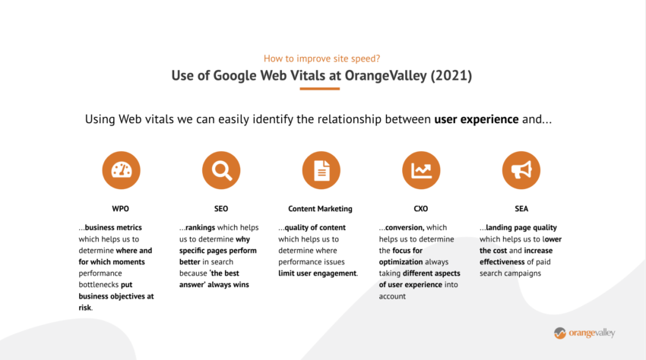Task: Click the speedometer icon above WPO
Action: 121,170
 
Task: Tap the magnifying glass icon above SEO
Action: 221,170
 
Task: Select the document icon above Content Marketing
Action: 321,170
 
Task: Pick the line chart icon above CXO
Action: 421,170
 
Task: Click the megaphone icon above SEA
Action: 521,170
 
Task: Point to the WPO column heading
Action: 120,209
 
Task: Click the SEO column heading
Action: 221,209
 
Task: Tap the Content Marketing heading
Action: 320,209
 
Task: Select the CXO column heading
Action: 420,209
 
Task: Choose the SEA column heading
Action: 521,209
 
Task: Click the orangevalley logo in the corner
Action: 584,333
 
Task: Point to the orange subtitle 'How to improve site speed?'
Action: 321,58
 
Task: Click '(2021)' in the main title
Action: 451,75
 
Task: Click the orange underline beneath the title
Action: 320,89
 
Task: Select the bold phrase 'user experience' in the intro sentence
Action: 477,119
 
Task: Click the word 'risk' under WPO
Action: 85,308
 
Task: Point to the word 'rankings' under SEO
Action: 200,227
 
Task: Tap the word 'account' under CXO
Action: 392,296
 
